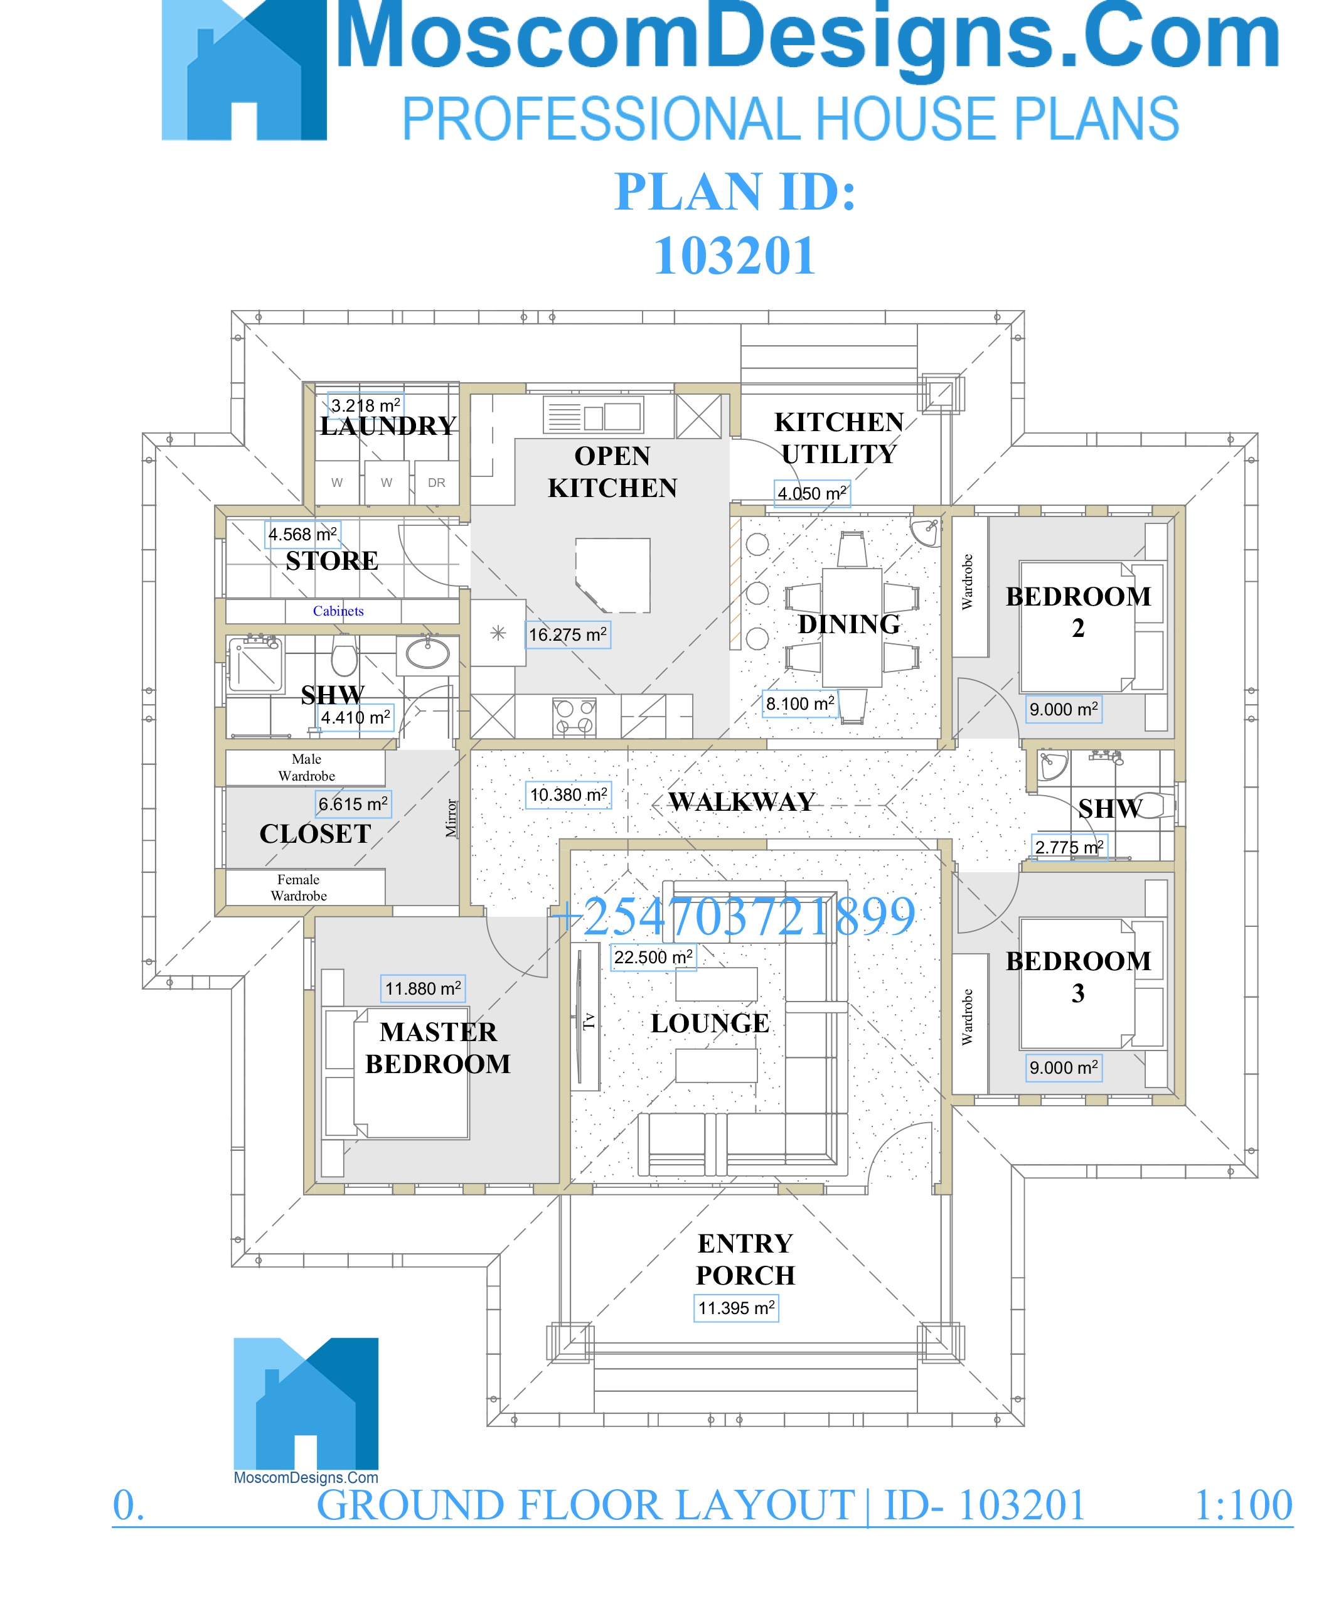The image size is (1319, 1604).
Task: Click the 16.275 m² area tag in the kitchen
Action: click(569, 634)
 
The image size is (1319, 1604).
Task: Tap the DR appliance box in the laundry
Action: click(436, 483)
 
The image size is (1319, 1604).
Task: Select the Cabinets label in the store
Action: click(338, 611)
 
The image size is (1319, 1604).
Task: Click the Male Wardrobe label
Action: click(306, 767)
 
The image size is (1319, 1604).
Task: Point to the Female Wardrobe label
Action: click(299, 887)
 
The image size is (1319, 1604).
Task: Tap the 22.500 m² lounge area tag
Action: click(653, 956)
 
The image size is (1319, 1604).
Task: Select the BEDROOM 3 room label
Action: click(1078, 976)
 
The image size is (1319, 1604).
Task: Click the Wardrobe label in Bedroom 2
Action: click(967, 581)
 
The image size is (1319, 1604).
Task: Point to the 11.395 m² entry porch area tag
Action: click(735, 1308)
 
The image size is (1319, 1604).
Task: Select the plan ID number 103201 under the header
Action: click(735, 255)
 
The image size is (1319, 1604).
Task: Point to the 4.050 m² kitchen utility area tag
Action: click(811, 493)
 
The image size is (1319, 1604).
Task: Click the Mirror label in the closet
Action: click(451, 818)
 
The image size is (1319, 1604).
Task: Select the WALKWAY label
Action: click(742, 801)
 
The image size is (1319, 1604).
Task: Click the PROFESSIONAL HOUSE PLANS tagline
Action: click(790, 119)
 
